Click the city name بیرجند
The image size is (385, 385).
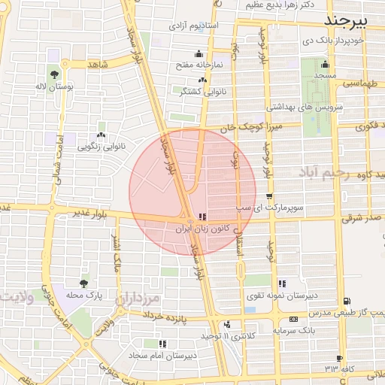click(x=350, y=18)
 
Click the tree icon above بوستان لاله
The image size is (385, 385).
click(x=55, y=74)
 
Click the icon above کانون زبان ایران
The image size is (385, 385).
click(x=201, y=217)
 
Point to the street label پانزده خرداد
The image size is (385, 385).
click(x=184, y=318)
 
